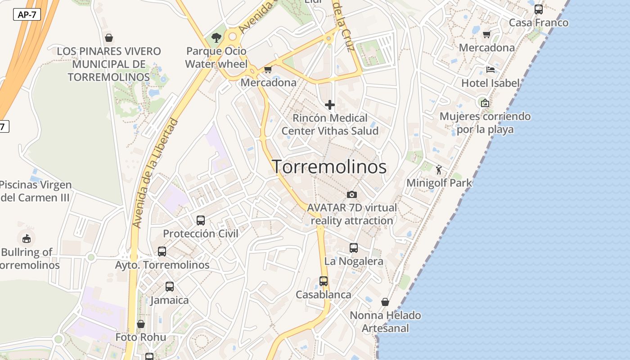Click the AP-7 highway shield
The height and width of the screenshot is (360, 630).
pyautogui.click(x=27, y=14)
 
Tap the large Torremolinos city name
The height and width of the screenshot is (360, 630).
pyautogui.click(x=329, y=167)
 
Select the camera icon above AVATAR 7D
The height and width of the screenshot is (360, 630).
pyautogui.click(x=352, y=194)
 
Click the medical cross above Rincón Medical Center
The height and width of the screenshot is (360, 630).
pyautogui.click(x=330, y=105)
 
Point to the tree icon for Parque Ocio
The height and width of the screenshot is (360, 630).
pyautogui.click(x=216, y=37)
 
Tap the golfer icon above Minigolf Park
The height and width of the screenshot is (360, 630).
pyautogui.click(x=439, y=170)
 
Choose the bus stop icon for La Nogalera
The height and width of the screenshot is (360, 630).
pyautogui.click(x=354, y=248)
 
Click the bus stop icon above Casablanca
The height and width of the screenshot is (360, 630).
pyautogui.click(x=324, y=281)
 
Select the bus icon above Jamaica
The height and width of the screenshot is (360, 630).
pyautogui.click(x=170, y=287)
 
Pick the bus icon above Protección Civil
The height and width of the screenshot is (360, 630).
pyautogui.click(x=201, y=220)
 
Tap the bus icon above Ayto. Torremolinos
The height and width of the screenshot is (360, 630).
pyautogui.click(x=162, y=252)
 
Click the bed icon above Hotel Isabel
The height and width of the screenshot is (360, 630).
pyautogui.click(x=490, y=70)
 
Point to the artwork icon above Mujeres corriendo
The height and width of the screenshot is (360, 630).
pyautogui.click(x=485, y=103)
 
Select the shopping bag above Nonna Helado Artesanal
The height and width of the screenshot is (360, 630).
pyautogui.click(x=385, y=302)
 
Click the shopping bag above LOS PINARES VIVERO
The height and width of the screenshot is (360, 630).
pyautogui.click(x=108, y=38)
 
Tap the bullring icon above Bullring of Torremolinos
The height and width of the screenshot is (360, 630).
pyautogui.click(x=27, y=238)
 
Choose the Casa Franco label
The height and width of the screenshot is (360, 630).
pyautogui.click(x=539, y=23)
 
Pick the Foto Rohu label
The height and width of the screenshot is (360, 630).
pyautogui.click(x=141, y=337)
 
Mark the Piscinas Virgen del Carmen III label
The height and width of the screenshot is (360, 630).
pyautogui.click(x=35, y=191)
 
